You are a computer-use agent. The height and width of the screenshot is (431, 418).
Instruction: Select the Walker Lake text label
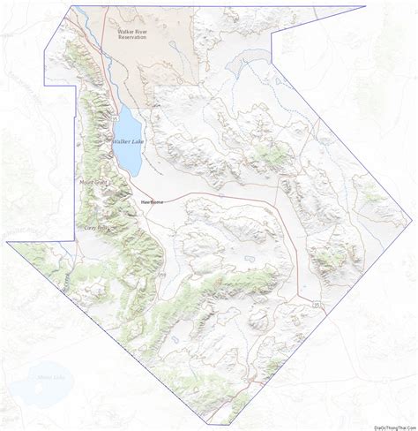[127, 141]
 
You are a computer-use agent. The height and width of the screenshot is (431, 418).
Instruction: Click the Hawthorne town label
[152, 202]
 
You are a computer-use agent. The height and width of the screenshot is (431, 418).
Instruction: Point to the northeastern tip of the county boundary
[365, 7]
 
